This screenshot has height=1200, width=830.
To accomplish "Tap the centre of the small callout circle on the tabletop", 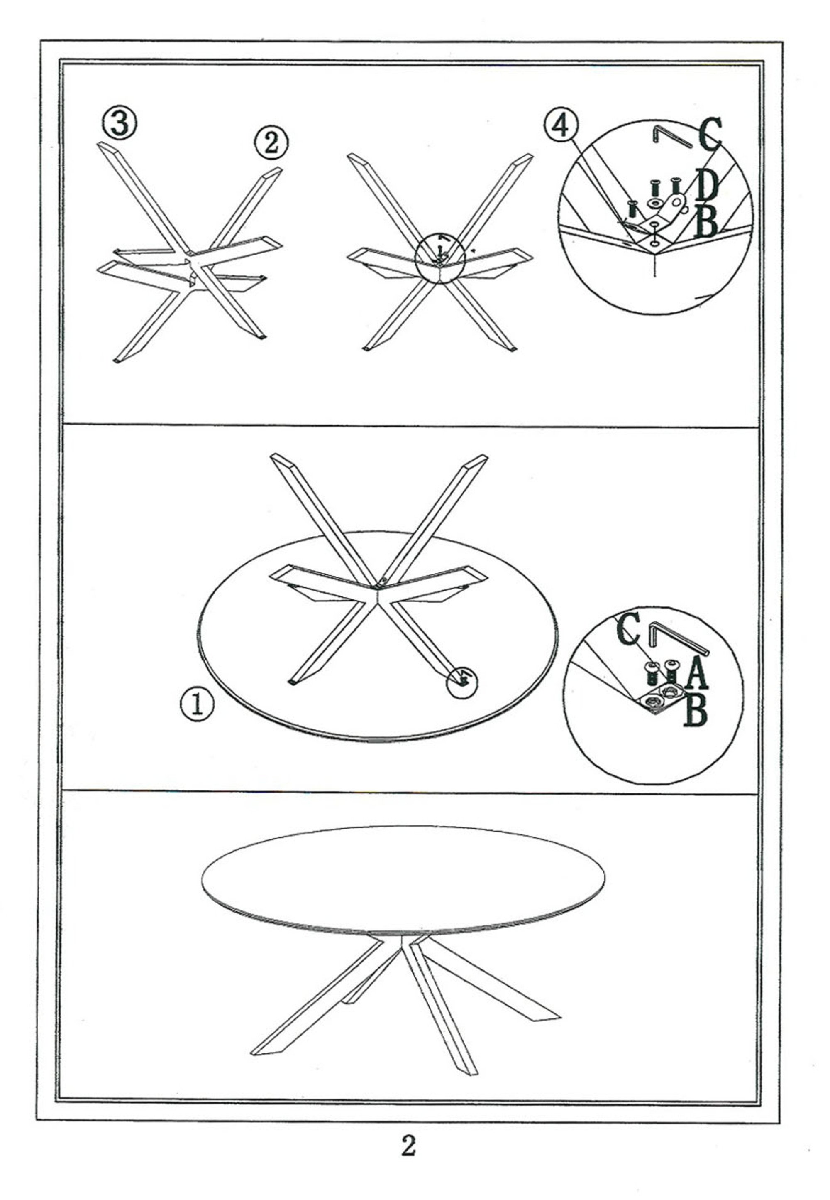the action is (x=462, y=681).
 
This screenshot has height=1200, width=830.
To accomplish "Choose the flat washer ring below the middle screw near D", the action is (x=654, y=202).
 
